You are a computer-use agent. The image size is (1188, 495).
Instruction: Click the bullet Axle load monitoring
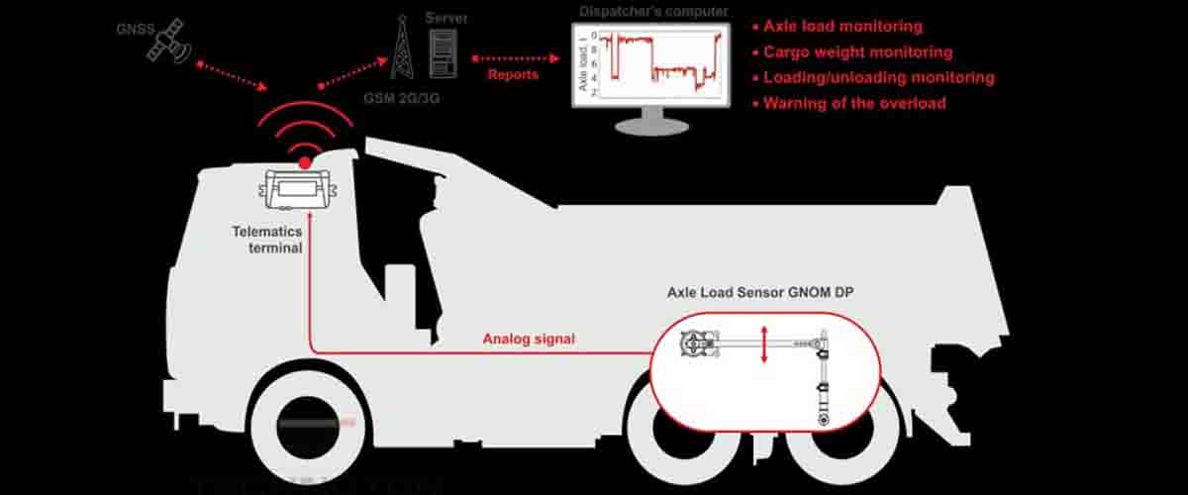[841, 27]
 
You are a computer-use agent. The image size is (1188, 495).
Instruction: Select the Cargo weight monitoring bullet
[856, 52]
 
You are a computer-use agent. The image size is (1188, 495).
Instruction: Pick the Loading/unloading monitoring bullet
[877, 77]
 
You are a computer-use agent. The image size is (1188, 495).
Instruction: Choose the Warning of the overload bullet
[853, 103]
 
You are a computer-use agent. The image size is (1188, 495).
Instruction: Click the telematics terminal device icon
[297, 189]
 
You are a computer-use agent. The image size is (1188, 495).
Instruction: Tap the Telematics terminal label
[268, 240]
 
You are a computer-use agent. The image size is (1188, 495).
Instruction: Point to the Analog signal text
[529, 339]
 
